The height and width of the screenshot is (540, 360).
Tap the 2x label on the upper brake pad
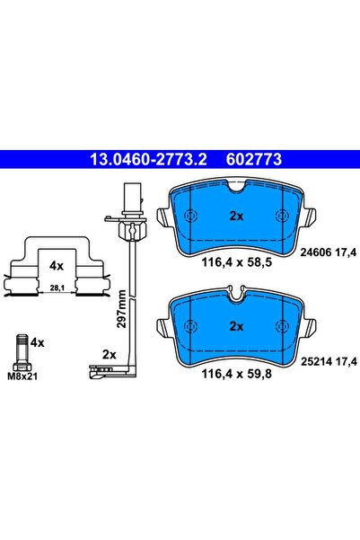[237, 217]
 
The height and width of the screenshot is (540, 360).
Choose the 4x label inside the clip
[57, 266]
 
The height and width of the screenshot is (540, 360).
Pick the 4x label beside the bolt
[38, 342]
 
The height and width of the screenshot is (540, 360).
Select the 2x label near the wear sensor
[110, 354]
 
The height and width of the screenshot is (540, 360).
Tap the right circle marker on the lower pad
[284, 326]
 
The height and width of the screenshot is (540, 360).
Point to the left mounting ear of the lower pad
[164, 323]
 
